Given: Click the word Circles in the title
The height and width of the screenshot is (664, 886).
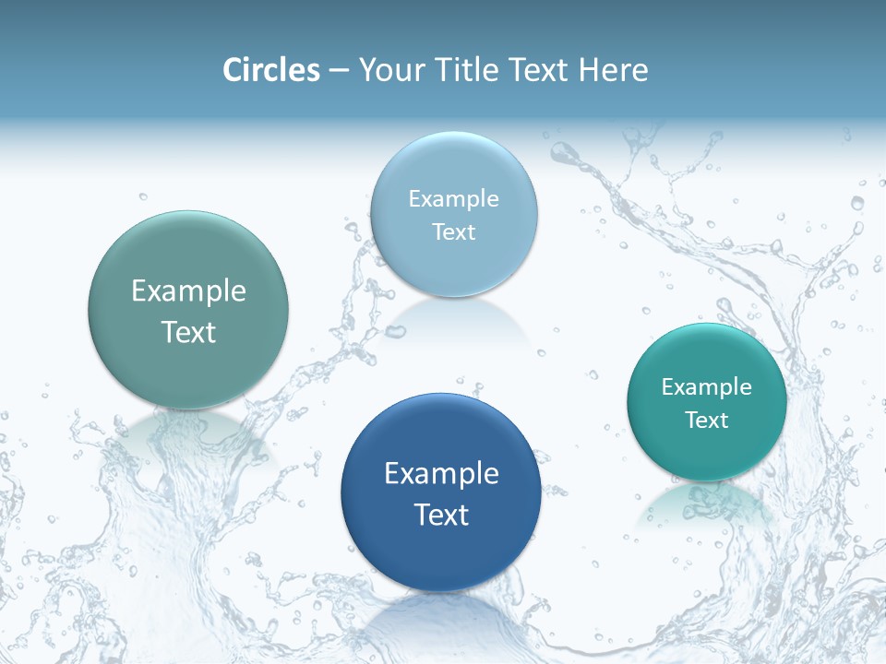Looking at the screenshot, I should point(270,70).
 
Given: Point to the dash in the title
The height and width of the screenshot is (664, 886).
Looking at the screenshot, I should point(339,71).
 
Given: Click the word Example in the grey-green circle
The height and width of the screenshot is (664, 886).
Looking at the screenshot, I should point(188,291).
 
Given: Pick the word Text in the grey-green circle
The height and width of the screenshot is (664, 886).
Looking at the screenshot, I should point(188,332).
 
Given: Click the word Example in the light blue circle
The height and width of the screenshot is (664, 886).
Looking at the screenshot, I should point(453,199).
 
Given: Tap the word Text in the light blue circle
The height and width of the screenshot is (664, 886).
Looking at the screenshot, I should point(453,232).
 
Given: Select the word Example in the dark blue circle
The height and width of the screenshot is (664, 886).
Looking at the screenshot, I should point(441,474).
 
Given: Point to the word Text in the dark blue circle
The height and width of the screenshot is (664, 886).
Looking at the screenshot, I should point(441,515).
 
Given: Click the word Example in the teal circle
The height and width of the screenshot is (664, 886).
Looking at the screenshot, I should point(707,387).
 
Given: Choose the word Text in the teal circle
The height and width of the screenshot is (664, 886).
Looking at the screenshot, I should point(707,421).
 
